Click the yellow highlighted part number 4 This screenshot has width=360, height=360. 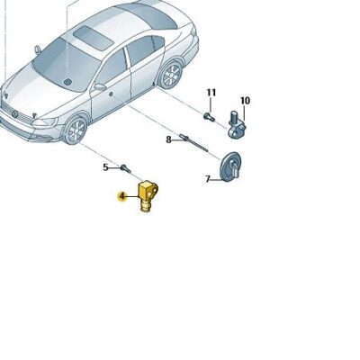coord(122,196)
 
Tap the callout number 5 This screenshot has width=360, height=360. coord(105,167)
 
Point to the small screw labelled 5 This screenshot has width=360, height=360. coord(126,168)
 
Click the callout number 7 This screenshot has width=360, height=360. coord(208,180)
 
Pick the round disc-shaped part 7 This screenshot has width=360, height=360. coord(231,167)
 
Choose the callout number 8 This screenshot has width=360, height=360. coord(168,139)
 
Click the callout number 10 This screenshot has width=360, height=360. coord(245,101)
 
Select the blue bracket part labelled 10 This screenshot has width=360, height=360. coord(239,121)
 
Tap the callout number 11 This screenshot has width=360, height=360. coord(212,93)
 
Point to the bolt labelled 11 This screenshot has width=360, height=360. coord(209,115)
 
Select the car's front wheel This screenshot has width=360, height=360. coord(76,130)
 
